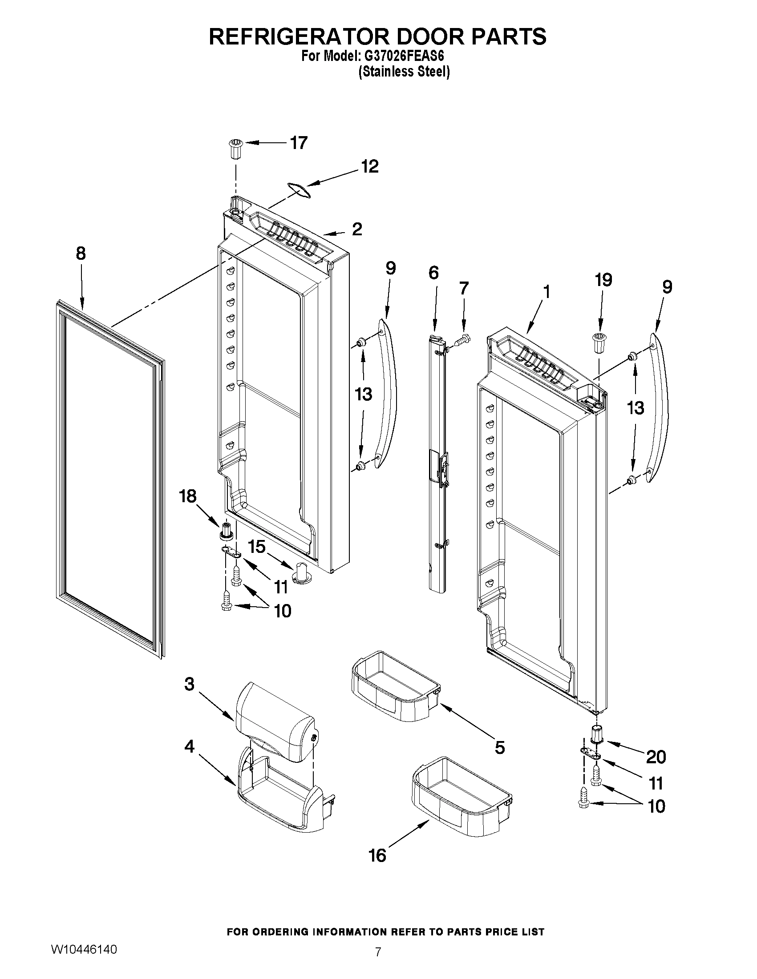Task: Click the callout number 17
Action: [x=299, y=143]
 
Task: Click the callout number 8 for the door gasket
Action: [x=80, y=254]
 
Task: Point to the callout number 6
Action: [x=433, y=273]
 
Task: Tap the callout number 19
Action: [x=603, y=280]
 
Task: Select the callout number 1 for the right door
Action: [x=546, y=292]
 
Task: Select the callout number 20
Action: [x=656, y=757]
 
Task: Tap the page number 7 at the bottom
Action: [x=377, y=964]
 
